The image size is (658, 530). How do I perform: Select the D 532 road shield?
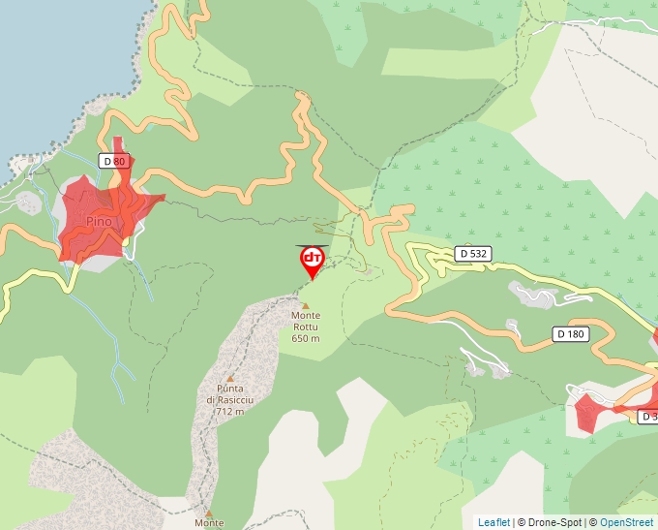(x=473, y=253)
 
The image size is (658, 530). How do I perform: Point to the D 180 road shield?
(x=571, y=334)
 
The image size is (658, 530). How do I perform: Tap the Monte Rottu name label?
(x=306, y=321)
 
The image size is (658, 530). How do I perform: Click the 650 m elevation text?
(x=306, y=338)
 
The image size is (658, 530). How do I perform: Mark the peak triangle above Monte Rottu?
(x=306, y=305)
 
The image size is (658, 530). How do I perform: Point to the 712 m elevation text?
(x=229, y=412)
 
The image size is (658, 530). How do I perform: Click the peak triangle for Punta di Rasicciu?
(x=230, y=379)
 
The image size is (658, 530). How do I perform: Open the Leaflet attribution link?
(x=493, y=522)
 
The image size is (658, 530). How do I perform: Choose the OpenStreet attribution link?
(x=626, y=522)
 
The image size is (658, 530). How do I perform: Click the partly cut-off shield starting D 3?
(x=647, y=417)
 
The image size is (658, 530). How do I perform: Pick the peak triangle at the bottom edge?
(x=208, y=511)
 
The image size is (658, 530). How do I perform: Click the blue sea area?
(x=48, y=58)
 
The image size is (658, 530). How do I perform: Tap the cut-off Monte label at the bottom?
(x=209, y=523)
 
